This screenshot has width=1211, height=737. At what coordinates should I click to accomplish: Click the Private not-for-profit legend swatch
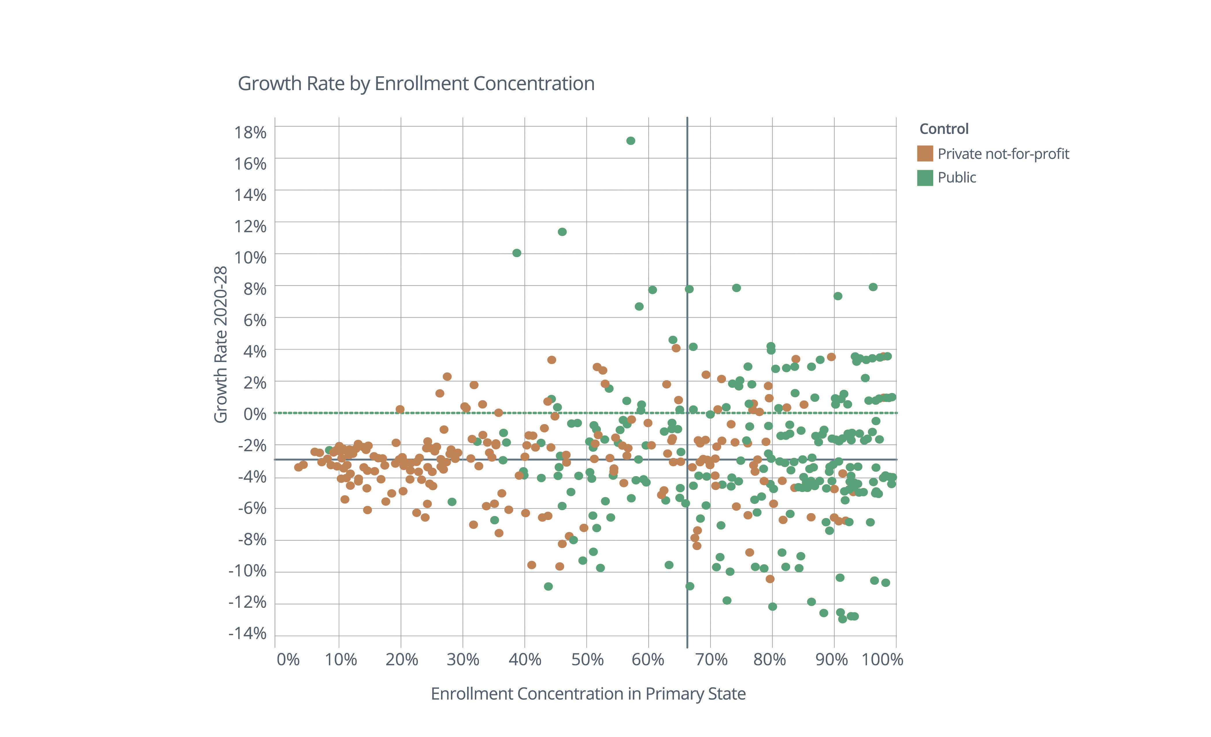[x=925, y=154]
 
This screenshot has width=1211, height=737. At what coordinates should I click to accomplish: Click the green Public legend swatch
[x=925, y=177]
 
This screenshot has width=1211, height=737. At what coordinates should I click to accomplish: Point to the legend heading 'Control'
[x=944, y=129]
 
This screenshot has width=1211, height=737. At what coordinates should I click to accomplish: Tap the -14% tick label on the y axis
[x=247, y=633]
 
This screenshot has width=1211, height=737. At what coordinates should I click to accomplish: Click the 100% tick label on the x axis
[x=882, y=659]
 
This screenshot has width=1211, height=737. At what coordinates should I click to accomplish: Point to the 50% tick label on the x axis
[x=587, y=659]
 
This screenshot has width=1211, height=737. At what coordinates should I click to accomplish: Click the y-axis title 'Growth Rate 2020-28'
[x=221, y=344]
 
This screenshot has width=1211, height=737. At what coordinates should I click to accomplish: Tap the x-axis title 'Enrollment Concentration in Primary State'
[x=588, y=694]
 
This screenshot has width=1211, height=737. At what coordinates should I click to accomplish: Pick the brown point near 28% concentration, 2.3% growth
[x=447, y=377]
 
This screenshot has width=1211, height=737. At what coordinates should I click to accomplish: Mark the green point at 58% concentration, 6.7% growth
[x=639, y=307]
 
